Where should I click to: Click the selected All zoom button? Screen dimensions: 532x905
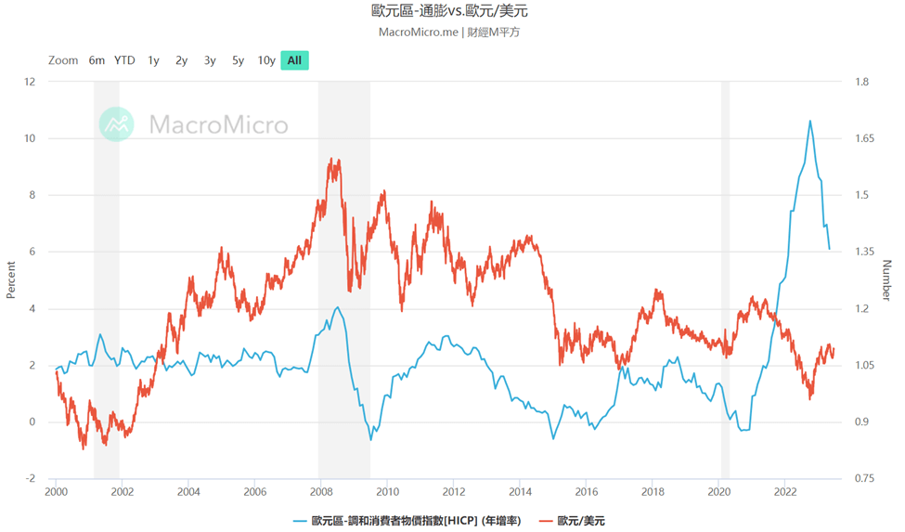[294, 60]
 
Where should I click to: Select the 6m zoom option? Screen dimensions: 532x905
[97, 60]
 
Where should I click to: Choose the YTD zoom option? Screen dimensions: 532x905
[124, 60]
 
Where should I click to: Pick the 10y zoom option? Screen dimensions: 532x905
[266, 60]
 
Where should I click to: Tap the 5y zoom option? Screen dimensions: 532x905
[239, 60]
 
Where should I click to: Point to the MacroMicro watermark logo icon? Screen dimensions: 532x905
[117, 124]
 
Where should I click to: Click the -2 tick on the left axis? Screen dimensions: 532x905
[30, 479]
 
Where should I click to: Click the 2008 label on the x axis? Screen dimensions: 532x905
[321, 492]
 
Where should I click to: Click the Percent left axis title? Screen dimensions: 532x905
[11, 280]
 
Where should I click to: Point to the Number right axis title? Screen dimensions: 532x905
[886, 280]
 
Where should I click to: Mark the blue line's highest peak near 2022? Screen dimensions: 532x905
[810, 121]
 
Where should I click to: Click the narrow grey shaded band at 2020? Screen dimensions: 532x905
[725, 279]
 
